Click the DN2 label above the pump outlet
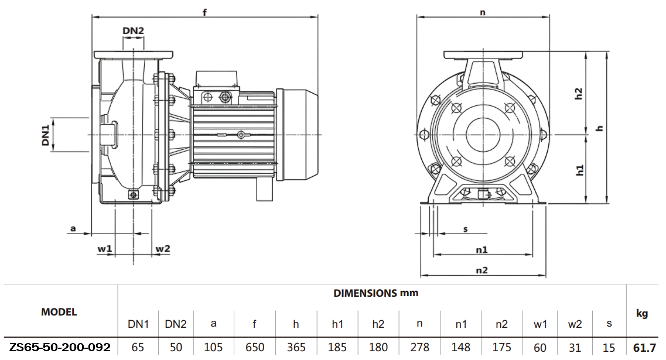pos(134,30)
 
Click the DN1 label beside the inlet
pos(45,135)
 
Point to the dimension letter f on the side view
pos(205,12)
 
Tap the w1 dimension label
pos(105,249)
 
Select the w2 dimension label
pos(162,249)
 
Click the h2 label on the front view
pos(579,94)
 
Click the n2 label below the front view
pos(481,270)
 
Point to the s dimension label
pos(466,229)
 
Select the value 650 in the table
pos(255,347)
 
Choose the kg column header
pos(642,314)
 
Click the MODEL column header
pos(59,312)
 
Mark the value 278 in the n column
pos(420,347)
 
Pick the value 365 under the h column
pos(296,347)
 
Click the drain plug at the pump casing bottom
pos(134,195)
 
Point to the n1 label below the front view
pos(481,249)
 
